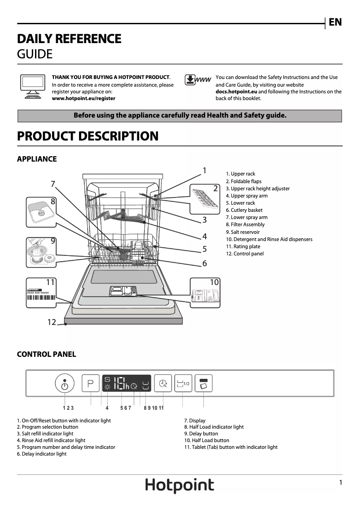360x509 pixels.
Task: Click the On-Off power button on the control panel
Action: point(65,384)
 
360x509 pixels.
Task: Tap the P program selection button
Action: point(90,384)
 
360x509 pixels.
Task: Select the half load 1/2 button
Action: point(183,383)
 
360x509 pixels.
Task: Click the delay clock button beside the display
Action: point(162,384)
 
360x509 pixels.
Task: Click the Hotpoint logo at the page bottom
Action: point(180,486)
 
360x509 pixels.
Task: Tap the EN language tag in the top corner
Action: point(335,22)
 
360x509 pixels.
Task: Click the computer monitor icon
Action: point(32,86)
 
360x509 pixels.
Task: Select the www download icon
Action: point(198,80)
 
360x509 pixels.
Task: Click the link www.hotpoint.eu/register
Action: point(83,98)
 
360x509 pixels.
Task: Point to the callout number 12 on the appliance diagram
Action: point(52,322)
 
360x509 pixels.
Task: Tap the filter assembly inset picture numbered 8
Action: point(41,212)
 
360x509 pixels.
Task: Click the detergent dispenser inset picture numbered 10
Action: point(206,293)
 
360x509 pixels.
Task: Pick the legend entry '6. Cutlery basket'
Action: point(244,210)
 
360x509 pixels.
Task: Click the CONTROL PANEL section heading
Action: point(46,354)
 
